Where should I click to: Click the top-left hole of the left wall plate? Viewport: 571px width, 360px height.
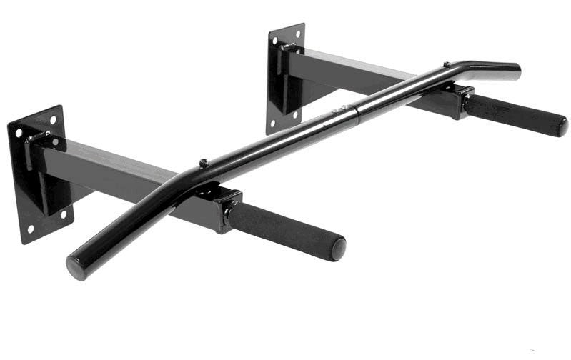coord(16,134)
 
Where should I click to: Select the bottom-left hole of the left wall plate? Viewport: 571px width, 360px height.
coord(29,230)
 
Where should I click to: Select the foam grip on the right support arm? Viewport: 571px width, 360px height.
coord(515,114)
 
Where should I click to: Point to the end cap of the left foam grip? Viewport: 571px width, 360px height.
coord(338,249)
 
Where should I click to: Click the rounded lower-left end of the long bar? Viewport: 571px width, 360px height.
coord(74,268)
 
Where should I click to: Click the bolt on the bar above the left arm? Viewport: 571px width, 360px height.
coord(203,164)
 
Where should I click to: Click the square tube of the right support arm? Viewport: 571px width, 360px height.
coord(357,75)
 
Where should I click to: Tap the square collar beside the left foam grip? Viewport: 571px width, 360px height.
coord(228,208)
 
